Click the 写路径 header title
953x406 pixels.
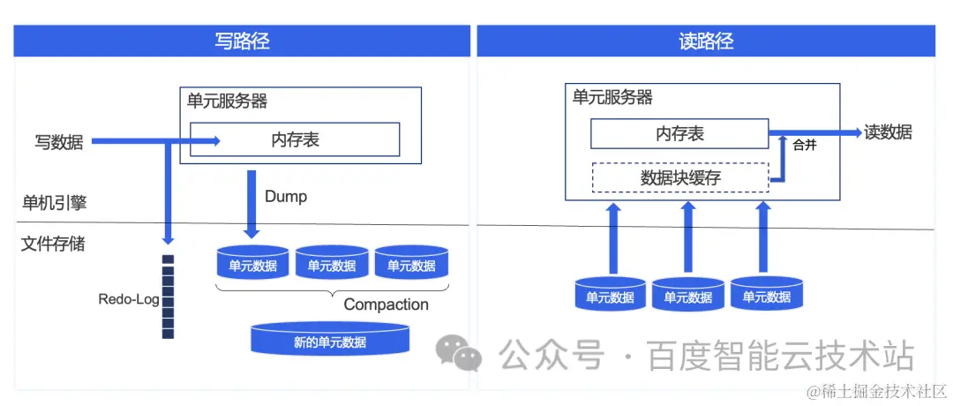tap(242, 41)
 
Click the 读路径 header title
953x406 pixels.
tap(706, 41)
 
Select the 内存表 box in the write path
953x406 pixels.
tap(295, 139)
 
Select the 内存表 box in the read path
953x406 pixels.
tap(679, 133)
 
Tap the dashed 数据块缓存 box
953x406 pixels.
tap(679, 178)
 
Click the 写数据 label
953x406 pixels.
tap(59, 141)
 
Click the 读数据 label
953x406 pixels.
tap(888, 132)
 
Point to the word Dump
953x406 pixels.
tap(286, 196)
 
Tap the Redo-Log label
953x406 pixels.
tap(129, 299)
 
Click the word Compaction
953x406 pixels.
tap(386, 304)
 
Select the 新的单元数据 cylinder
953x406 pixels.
tap(330, 340)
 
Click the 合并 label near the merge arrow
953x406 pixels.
tap(805, 146)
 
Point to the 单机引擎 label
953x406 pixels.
tap(54, 203)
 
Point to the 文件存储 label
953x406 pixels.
tap(53, 244)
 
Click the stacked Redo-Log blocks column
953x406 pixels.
tap(168, 297)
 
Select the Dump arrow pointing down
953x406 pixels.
tap(251, 203)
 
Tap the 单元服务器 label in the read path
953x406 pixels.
tap(612, 97)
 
